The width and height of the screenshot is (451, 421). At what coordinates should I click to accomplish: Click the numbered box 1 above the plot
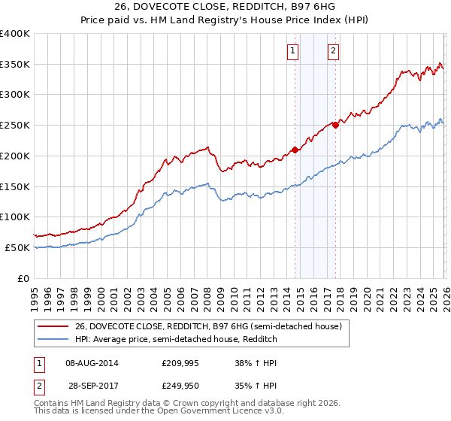click(x=292, y=51)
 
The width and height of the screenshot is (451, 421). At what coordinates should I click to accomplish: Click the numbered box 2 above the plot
click(x=332, y=51)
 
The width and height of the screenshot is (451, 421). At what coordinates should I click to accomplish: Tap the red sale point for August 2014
click(x=295, y=150)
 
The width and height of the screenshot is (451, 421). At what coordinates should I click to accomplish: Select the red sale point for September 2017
click(x=336, y=125)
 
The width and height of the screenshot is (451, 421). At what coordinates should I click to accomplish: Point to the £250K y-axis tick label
click(x=15, y=125)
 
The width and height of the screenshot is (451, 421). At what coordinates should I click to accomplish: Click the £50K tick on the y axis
click(x=17, y=247)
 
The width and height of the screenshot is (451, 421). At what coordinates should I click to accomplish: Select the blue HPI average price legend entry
click(x=177, y=340)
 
